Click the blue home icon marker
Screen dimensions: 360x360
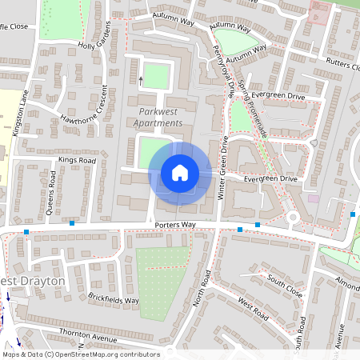(x=180, y=172)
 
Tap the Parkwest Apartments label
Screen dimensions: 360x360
(x=161, y=117)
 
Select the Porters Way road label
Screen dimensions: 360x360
(x=177, y=226)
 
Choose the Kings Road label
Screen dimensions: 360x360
(x=76, y=161)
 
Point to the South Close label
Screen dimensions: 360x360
(x=285, y=286)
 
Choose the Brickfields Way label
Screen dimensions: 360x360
(x=114, y=300)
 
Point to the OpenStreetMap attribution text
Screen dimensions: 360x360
(x=80, y=354)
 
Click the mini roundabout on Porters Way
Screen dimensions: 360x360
(x=294, y=216)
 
